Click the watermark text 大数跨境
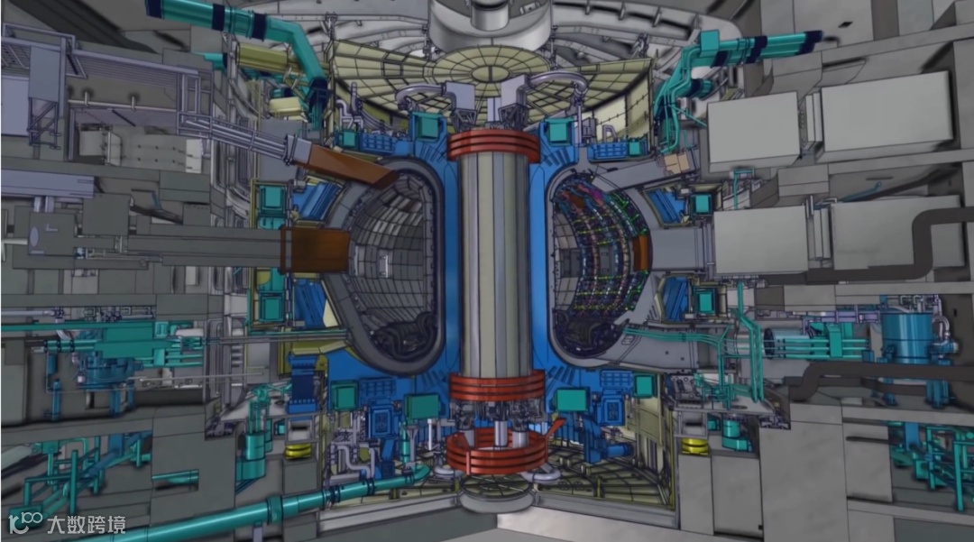point(87,525)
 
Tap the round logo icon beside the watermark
point(25,523)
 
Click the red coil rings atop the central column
point(493,146)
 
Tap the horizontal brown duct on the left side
point(315,250)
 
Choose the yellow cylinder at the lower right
point(695,446)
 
